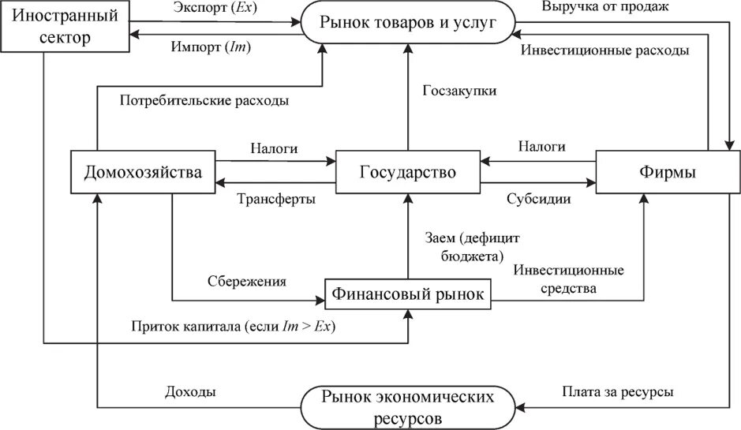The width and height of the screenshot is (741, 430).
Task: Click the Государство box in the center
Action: pos(408,172)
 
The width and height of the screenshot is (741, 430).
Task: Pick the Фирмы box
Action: pos(668,172)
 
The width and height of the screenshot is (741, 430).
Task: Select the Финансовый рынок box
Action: pos(408,295)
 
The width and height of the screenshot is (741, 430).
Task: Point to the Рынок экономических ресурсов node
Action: pos(408,406)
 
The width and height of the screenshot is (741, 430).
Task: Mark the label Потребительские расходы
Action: pos(204,101)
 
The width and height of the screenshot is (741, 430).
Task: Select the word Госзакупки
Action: pos(458,91)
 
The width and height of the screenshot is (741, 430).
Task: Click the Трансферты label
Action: pos(276,199)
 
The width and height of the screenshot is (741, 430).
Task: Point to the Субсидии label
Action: pos(539,199)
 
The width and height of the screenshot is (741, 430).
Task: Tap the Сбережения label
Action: pos(246,281)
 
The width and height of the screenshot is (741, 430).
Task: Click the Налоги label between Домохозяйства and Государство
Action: pos(275,148)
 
